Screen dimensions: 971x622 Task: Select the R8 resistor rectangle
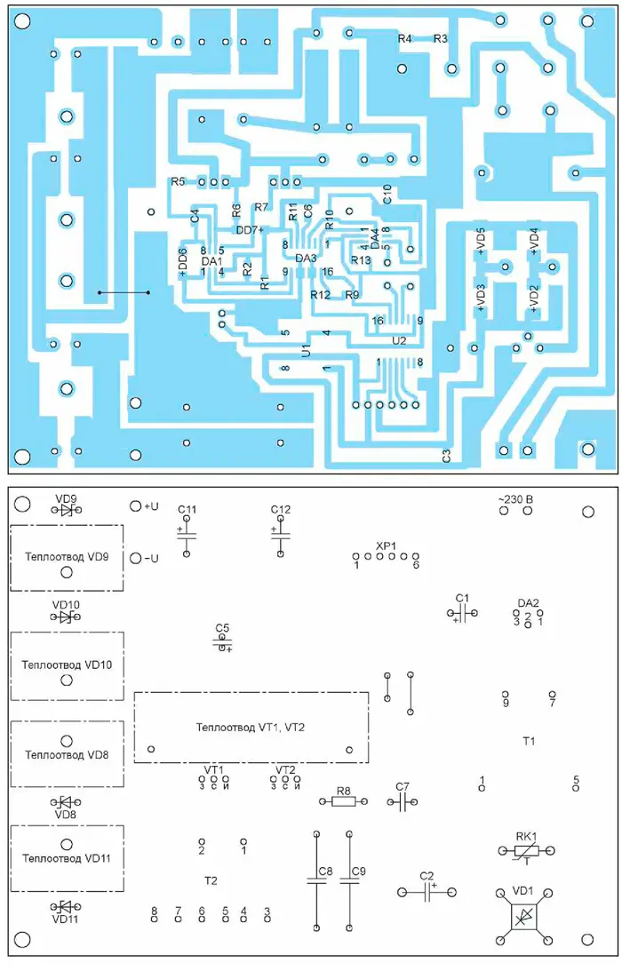click(343, 801)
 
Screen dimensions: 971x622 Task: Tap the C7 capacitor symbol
click(403, 801)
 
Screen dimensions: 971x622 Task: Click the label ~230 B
click(514, 500)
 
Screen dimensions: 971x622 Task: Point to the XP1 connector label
click(385, 545)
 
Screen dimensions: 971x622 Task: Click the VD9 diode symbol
click(66, 510)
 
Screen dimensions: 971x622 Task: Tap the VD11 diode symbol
click(66, 907)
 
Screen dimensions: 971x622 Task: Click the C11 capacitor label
click(187, 509)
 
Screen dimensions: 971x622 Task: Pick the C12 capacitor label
click(281, 509)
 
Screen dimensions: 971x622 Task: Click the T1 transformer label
click(530, 740)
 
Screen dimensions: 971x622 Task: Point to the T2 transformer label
click(211, 880)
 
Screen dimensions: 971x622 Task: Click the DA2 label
click(528, 603)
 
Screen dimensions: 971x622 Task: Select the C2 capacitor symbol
click(427, 892)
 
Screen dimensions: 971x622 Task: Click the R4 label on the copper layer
click(405, 39)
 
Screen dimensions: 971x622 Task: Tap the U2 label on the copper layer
click(399, 340)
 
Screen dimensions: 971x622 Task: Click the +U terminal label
click(150, 506)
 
